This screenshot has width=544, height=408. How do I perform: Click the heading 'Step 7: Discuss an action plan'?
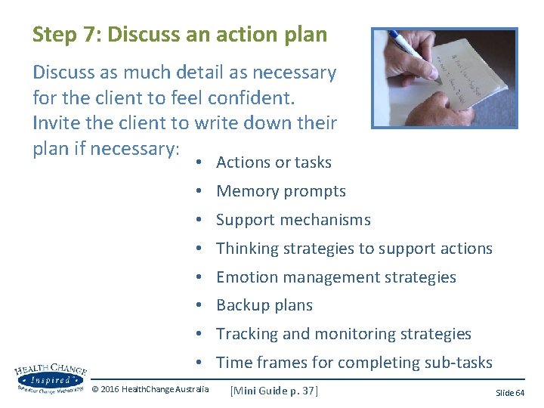(180, 35)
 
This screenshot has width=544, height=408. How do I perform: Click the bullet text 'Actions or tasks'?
(274, 162)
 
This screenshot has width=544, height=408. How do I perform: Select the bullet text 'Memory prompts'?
(281, 191)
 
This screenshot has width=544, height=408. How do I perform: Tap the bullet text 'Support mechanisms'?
(293, 220)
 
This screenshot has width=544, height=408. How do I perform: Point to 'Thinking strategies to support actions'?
(354, 249)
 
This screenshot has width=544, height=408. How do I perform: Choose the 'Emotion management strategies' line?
(335, 277)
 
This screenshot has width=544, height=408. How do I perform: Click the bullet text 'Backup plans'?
(264, 305)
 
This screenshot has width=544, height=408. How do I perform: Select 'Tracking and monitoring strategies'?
(343, 334)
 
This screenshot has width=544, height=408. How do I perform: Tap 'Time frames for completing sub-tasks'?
(354, 363)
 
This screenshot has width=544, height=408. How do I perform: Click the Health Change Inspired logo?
(50, 378)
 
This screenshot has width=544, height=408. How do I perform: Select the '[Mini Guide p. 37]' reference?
(274, 391)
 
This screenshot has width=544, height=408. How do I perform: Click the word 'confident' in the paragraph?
(256, 98)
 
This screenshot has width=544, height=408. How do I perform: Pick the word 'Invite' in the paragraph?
(55, 123)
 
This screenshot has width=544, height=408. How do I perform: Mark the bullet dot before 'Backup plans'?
(195, 306)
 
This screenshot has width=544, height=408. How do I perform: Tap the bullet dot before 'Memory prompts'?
(195, 192)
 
